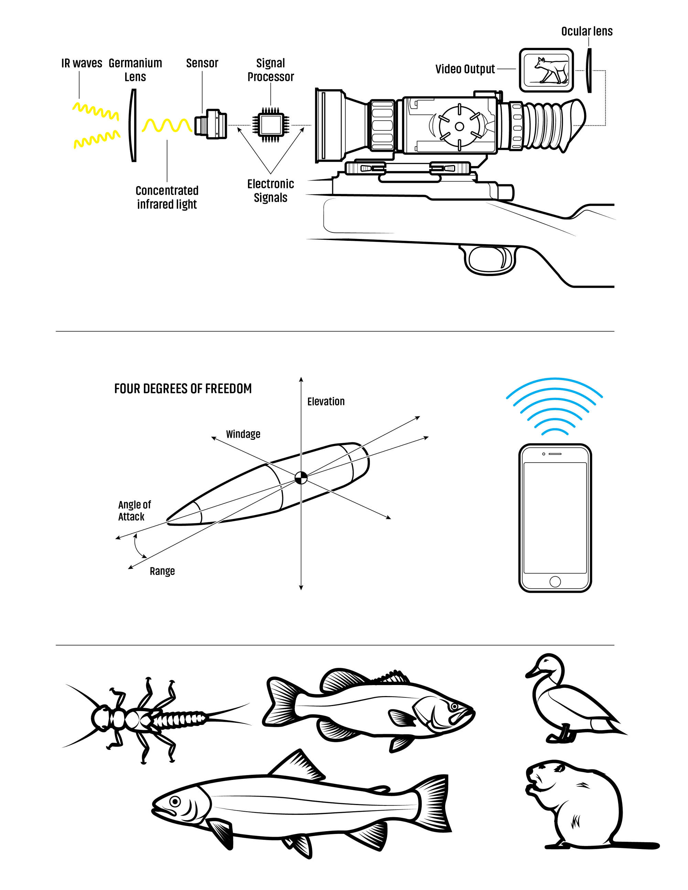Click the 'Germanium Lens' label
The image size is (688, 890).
pyautogui.click(x=135, y=70)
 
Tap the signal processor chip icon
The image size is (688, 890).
pyautogui.click(x=271, y=125)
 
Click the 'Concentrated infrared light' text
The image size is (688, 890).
pyautogui.click(x=167, y=197)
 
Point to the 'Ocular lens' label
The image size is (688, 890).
pyautogui.click(x=587, y=31)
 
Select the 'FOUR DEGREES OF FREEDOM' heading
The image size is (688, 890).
pyautogui.click(x=183, y=389)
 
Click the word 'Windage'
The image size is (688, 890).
pyautogui.click(x=243, y=434)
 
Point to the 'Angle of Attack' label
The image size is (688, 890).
pyautogui.click(x=134, y=511)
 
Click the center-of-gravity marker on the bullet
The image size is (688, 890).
pyautogui.click(x=301, y=478)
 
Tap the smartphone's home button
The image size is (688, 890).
pyautogui.click(x=555, y=582)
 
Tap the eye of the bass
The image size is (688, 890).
pyautogui.click(x=454, y=706)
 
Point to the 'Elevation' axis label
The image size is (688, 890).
pyautogui.click(x=326, y=402)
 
